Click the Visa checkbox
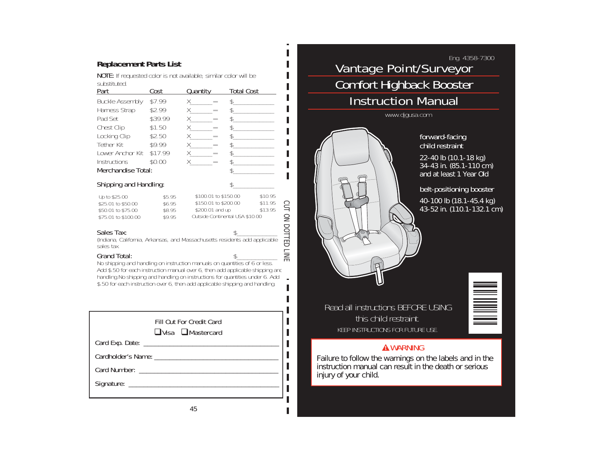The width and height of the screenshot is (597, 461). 158,332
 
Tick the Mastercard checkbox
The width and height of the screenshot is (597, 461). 184,332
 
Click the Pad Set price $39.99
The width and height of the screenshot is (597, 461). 159,119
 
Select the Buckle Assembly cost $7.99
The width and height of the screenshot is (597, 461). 158,102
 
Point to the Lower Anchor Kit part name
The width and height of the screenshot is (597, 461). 120,153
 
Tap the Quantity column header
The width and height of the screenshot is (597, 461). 199,91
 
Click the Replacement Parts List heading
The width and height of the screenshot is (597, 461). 139,64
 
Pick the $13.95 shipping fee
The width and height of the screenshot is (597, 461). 268,210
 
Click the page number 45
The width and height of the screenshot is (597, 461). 193,409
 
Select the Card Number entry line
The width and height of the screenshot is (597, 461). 208,371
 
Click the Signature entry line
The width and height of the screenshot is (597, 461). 204,384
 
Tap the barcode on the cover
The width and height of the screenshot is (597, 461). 485,303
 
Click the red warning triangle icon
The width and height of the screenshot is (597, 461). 385,348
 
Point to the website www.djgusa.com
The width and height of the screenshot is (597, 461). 408,115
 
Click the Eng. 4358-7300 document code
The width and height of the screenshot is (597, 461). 472,58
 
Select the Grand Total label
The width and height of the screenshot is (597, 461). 114,256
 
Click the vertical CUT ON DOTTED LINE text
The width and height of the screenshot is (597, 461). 286,231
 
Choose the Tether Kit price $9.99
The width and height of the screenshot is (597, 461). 158,145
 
